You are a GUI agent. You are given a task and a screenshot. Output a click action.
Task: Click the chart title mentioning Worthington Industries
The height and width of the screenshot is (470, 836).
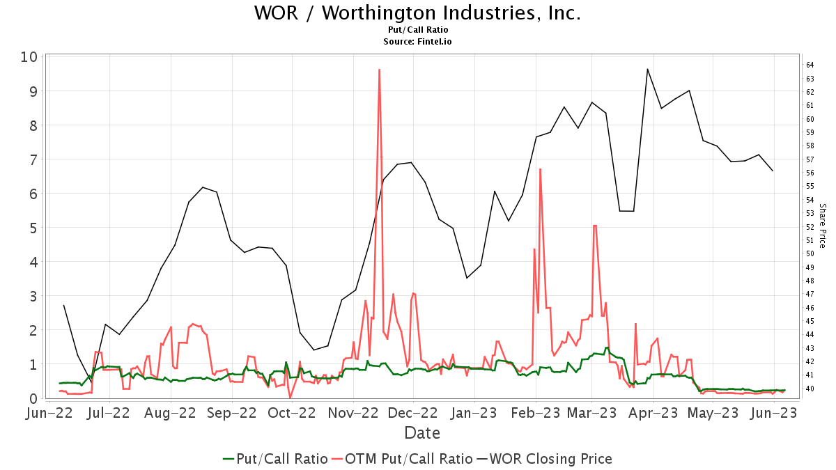417,13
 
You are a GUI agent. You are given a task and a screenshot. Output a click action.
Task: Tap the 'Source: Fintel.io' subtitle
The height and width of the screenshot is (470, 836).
418,42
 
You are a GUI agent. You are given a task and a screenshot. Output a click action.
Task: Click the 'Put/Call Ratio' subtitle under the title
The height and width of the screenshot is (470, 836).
418,30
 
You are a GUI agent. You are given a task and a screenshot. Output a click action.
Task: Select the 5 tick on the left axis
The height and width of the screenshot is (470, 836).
32,228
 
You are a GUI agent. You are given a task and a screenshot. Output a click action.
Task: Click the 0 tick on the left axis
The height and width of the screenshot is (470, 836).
32,398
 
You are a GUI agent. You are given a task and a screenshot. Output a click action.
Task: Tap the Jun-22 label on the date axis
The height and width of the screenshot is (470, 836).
61,414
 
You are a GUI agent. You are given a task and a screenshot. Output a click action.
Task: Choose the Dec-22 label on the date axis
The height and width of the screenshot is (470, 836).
412,414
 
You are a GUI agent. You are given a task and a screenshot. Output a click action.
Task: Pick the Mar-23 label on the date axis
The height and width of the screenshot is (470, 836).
591,414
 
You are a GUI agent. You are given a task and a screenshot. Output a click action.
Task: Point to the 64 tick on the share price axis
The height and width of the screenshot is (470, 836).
810,65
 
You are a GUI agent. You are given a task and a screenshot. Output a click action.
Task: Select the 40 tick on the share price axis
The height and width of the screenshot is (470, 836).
810,389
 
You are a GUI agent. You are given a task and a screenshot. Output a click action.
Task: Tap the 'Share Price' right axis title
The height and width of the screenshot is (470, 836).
823,226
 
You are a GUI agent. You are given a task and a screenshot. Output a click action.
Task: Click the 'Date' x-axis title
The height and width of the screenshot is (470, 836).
422,433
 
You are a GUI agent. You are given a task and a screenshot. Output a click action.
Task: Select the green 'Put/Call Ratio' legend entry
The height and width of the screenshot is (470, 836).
275,459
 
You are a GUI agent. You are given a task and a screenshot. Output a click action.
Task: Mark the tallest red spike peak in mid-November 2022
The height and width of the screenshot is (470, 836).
379,70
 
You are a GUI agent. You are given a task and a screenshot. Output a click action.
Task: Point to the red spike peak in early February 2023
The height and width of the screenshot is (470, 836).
540,169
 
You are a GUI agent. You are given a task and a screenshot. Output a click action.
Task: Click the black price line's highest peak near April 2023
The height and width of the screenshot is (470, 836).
647,69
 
